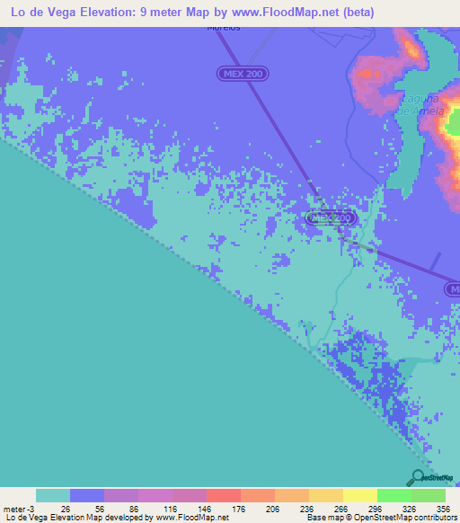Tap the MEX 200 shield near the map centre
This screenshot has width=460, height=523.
tap(331, 218)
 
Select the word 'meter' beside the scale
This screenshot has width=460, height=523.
tap(15, 508)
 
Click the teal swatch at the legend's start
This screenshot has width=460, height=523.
tap(53, 495)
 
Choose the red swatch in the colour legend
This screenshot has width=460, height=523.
tap(224, 495)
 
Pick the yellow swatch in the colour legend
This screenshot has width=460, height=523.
tap(360, 495)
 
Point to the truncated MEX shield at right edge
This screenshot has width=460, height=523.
tap(454, 288)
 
